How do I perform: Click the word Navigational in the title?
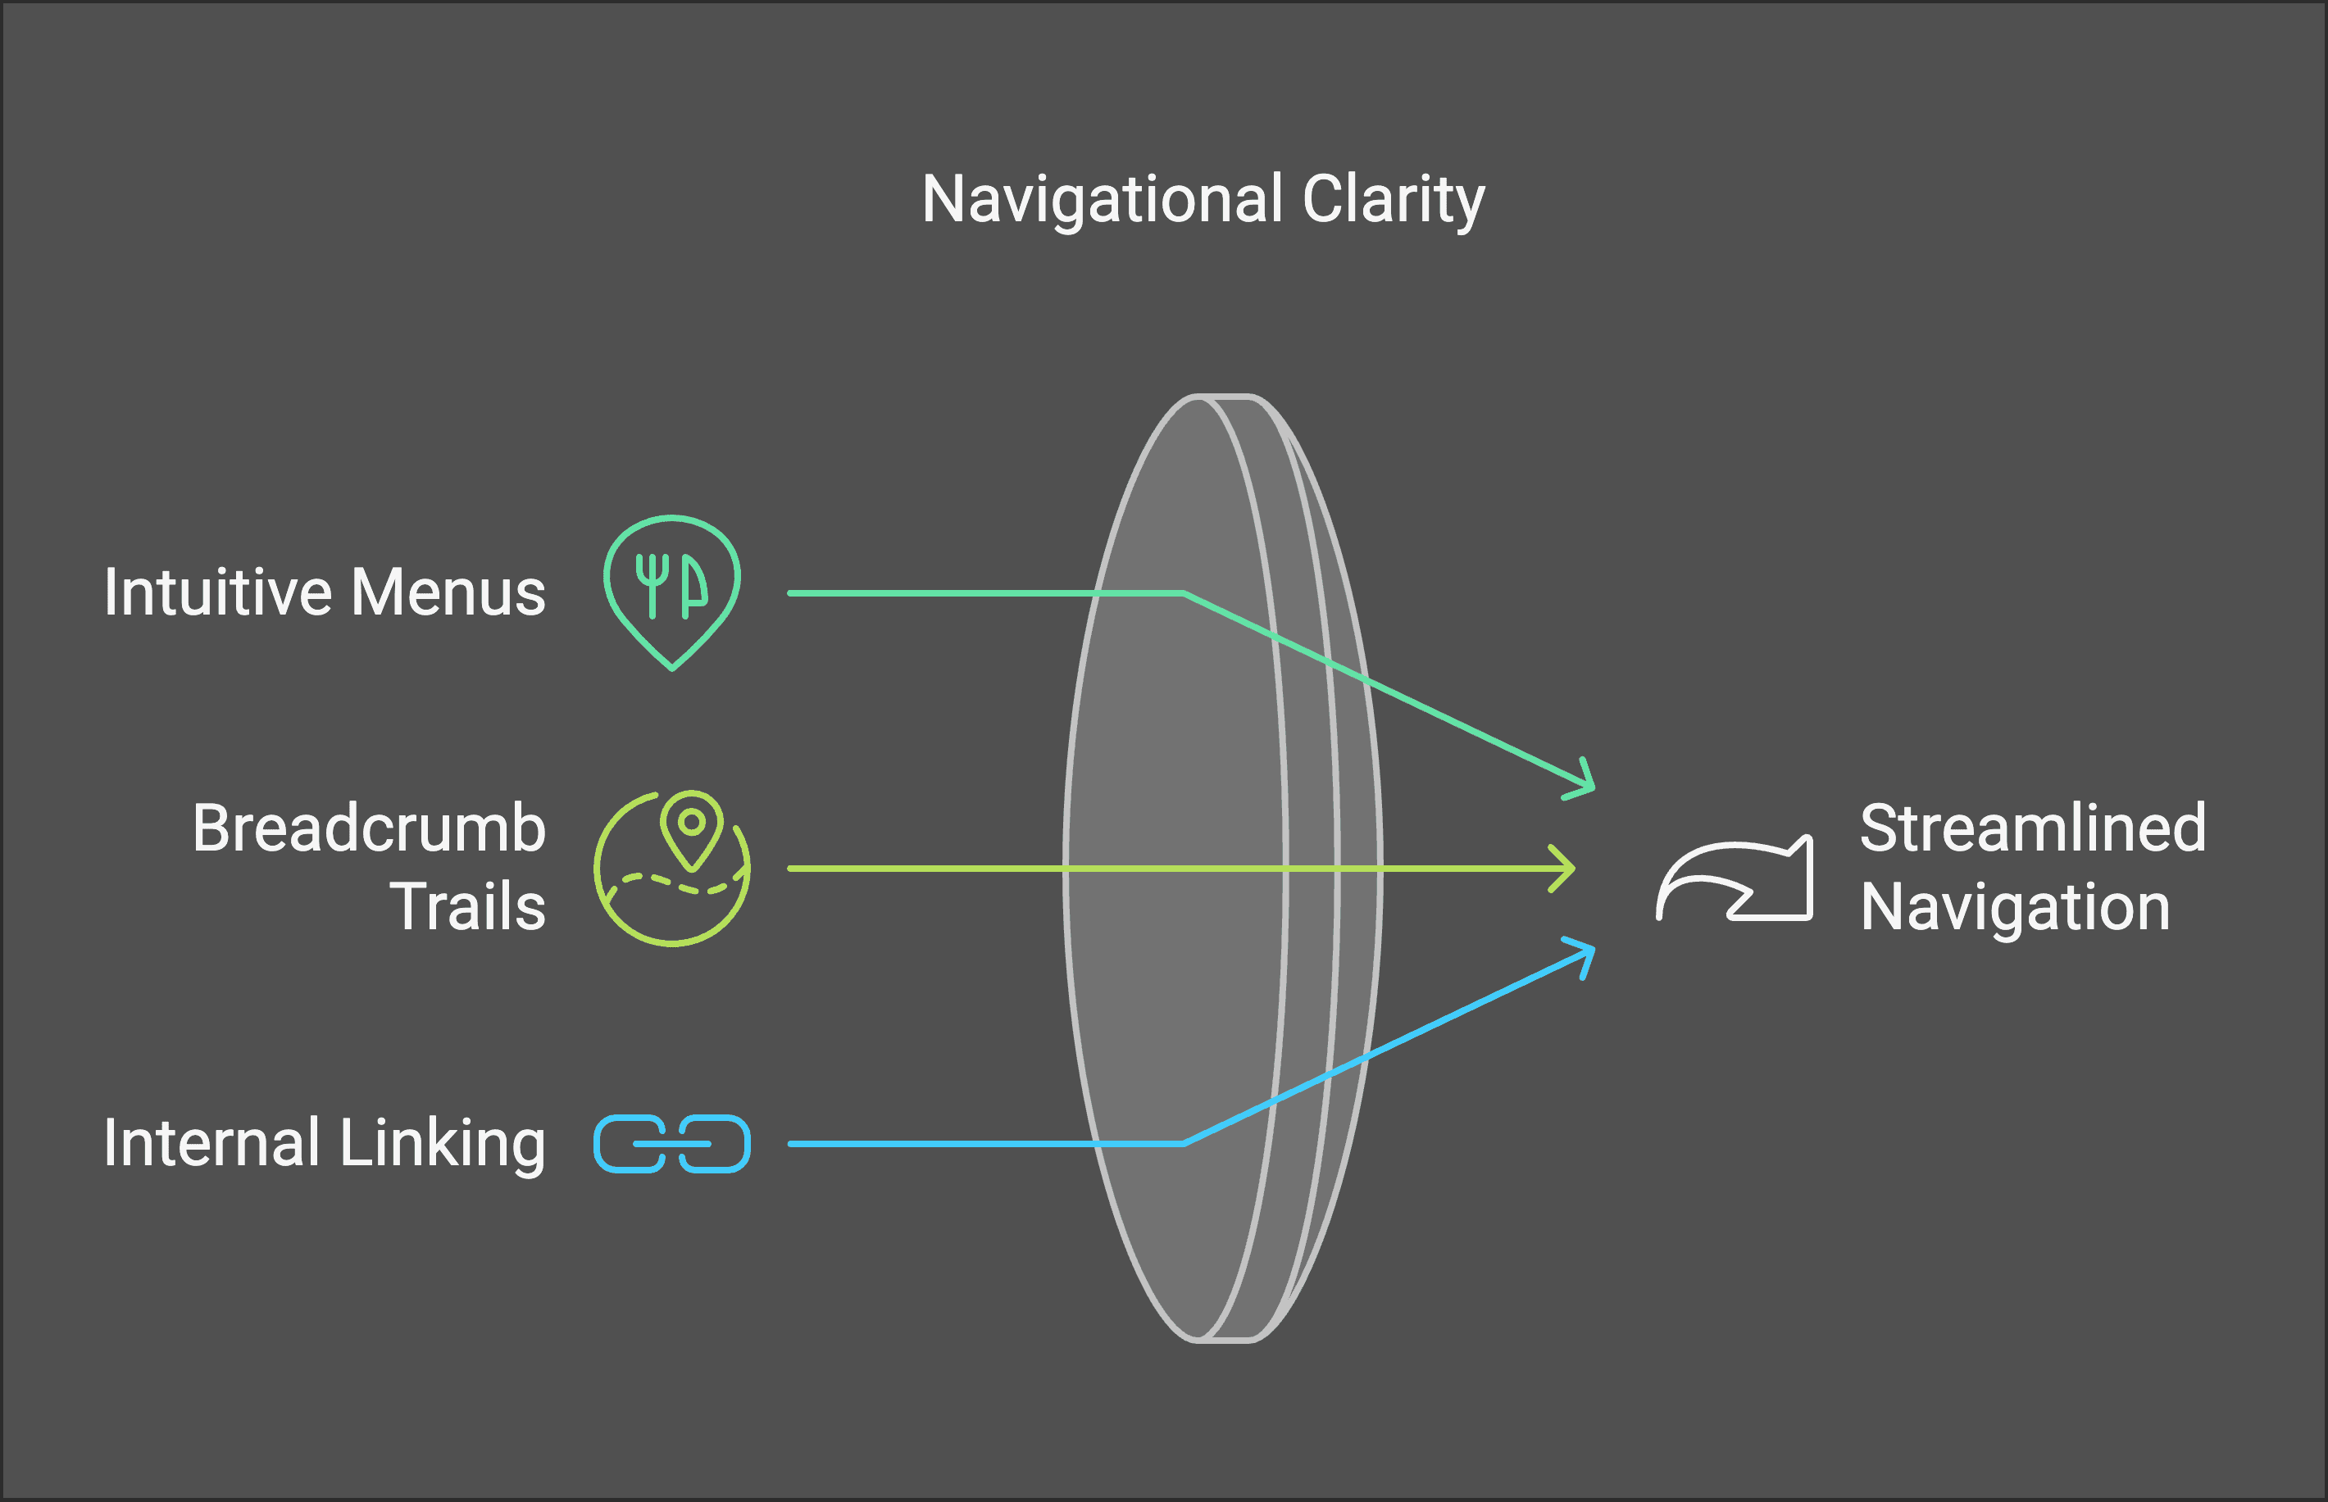tap(1102, 200)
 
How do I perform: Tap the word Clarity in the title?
tap(1393, 200)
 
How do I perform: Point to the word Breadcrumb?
tap(369, 828)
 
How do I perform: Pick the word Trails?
tap(467, 907)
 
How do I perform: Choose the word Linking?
tap(442, 1143)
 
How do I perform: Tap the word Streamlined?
tap(2032, 828)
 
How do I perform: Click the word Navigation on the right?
tap(2015, 907)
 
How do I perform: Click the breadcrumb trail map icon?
tap(672, 868)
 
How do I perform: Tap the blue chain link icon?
tap(672, 1143)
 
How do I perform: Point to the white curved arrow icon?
tap(1735, 880)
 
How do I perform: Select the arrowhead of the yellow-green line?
tap(1566, 868)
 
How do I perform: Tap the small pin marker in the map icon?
tap(692, 825)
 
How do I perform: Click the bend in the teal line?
tap(1184, 593)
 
